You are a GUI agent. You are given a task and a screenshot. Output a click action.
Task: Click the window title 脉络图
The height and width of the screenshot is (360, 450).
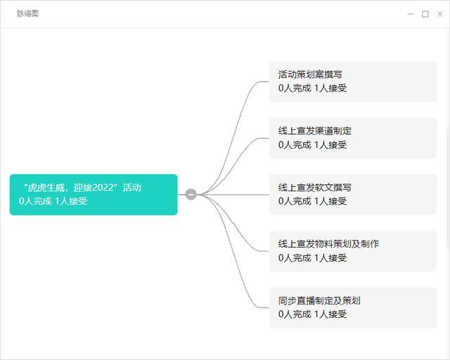pyautogui.click(x=27, y=13)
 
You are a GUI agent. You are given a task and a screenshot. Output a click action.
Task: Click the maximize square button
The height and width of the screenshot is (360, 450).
pyautogui.click(x=425, y=14)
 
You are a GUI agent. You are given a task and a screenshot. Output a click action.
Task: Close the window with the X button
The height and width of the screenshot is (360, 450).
pyautogui.click(x=439, y=14)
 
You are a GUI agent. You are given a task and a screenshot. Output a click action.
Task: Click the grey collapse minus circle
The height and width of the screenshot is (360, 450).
pyautogui.click(x=191, y=194)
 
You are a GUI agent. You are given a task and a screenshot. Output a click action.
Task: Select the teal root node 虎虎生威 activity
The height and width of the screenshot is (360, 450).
pyautogui.click(x=94, y=194)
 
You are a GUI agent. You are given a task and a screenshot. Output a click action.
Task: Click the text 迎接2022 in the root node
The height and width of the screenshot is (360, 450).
pyautogui.click(x=94, y=188)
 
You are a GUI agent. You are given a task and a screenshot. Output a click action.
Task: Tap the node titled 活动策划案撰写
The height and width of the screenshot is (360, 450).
pyautogui.click(x=353, y=82)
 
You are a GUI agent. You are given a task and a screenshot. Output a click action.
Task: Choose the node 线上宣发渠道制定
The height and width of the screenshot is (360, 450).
pyautogui.click(x=353, y=138)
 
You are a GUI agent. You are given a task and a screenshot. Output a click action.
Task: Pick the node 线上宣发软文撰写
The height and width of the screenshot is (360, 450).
pyautogui.click(x=353, y=195)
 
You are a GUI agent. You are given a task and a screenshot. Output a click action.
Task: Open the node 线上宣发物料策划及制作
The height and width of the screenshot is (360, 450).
pyautogui.click(x=353, y=251)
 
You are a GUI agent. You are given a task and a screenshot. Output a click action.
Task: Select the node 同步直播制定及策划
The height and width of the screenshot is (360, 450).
pyautogui.click(x=353, y=308)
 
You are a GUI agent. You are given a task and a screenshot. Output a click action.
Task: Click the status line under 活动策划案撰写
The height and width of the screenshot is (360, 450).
pyautogui.click(x=312, y=88)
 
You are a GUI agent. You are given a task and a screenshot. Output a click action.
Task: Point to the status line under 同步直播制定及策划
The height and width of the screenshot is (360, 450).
pyautogui.click(x=312, y=314)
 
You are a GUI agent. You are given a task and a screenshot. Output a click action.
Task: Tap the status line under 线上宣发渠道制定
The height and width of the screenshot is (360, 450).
pyautogui.click(x=312, y=144)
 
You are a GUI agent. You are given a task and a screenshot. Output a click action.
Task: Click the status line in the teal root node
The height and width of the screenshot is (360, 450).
pyautogui.click(x=53, y=201)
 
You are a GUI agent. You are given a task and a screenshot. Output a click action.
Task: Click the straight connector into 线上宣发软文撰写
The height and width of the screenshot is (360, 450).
pyautogui.click(x=233, y=195)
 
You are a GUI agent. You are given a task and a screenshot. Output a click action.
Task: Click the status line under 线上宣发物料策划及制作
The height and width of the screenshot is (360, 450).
pyautogui.click(x=312, y=257)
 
